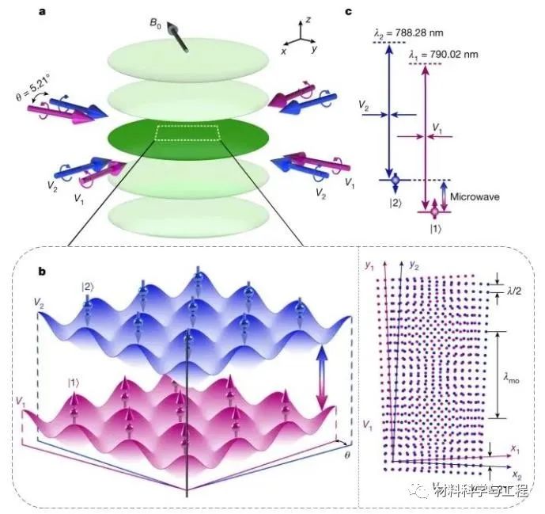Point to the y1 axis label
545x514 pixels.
pyautogui.click(x=369, y=266)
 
